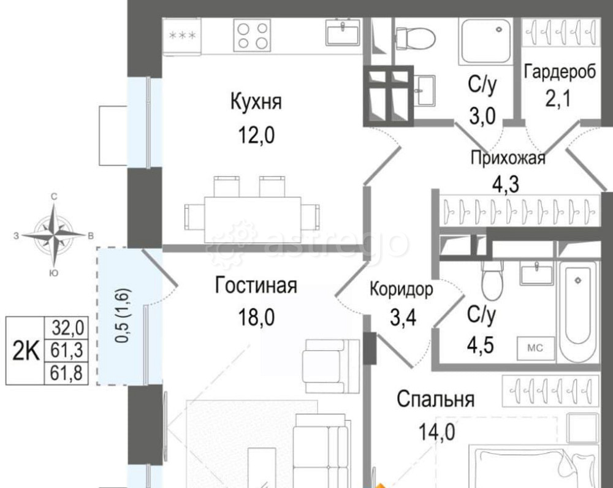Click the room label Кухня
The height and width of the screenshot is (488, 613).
(256, 102)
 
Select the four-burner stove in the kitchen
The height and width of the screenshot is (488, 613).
(252, 35)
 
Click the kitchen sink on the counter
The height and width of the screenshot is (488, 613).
(344, 32)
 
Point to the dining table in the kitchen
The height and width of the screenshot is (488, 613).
(253, 212)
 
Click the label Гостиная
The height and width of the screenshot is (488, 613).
(256, 286)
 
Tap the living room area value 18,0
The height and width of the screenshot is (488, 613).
(256, 316)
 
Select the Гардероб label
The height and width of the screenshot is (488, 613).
(560, 72)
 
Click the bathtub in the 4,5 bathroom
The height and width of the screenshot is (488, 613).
(579, 310)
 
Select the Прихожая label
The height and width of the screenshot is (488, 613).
(508, 159)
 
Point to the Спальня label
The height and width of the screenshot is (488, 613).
(436, 400)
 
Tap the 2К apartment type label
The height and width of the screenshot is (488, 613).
(26, 351)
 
